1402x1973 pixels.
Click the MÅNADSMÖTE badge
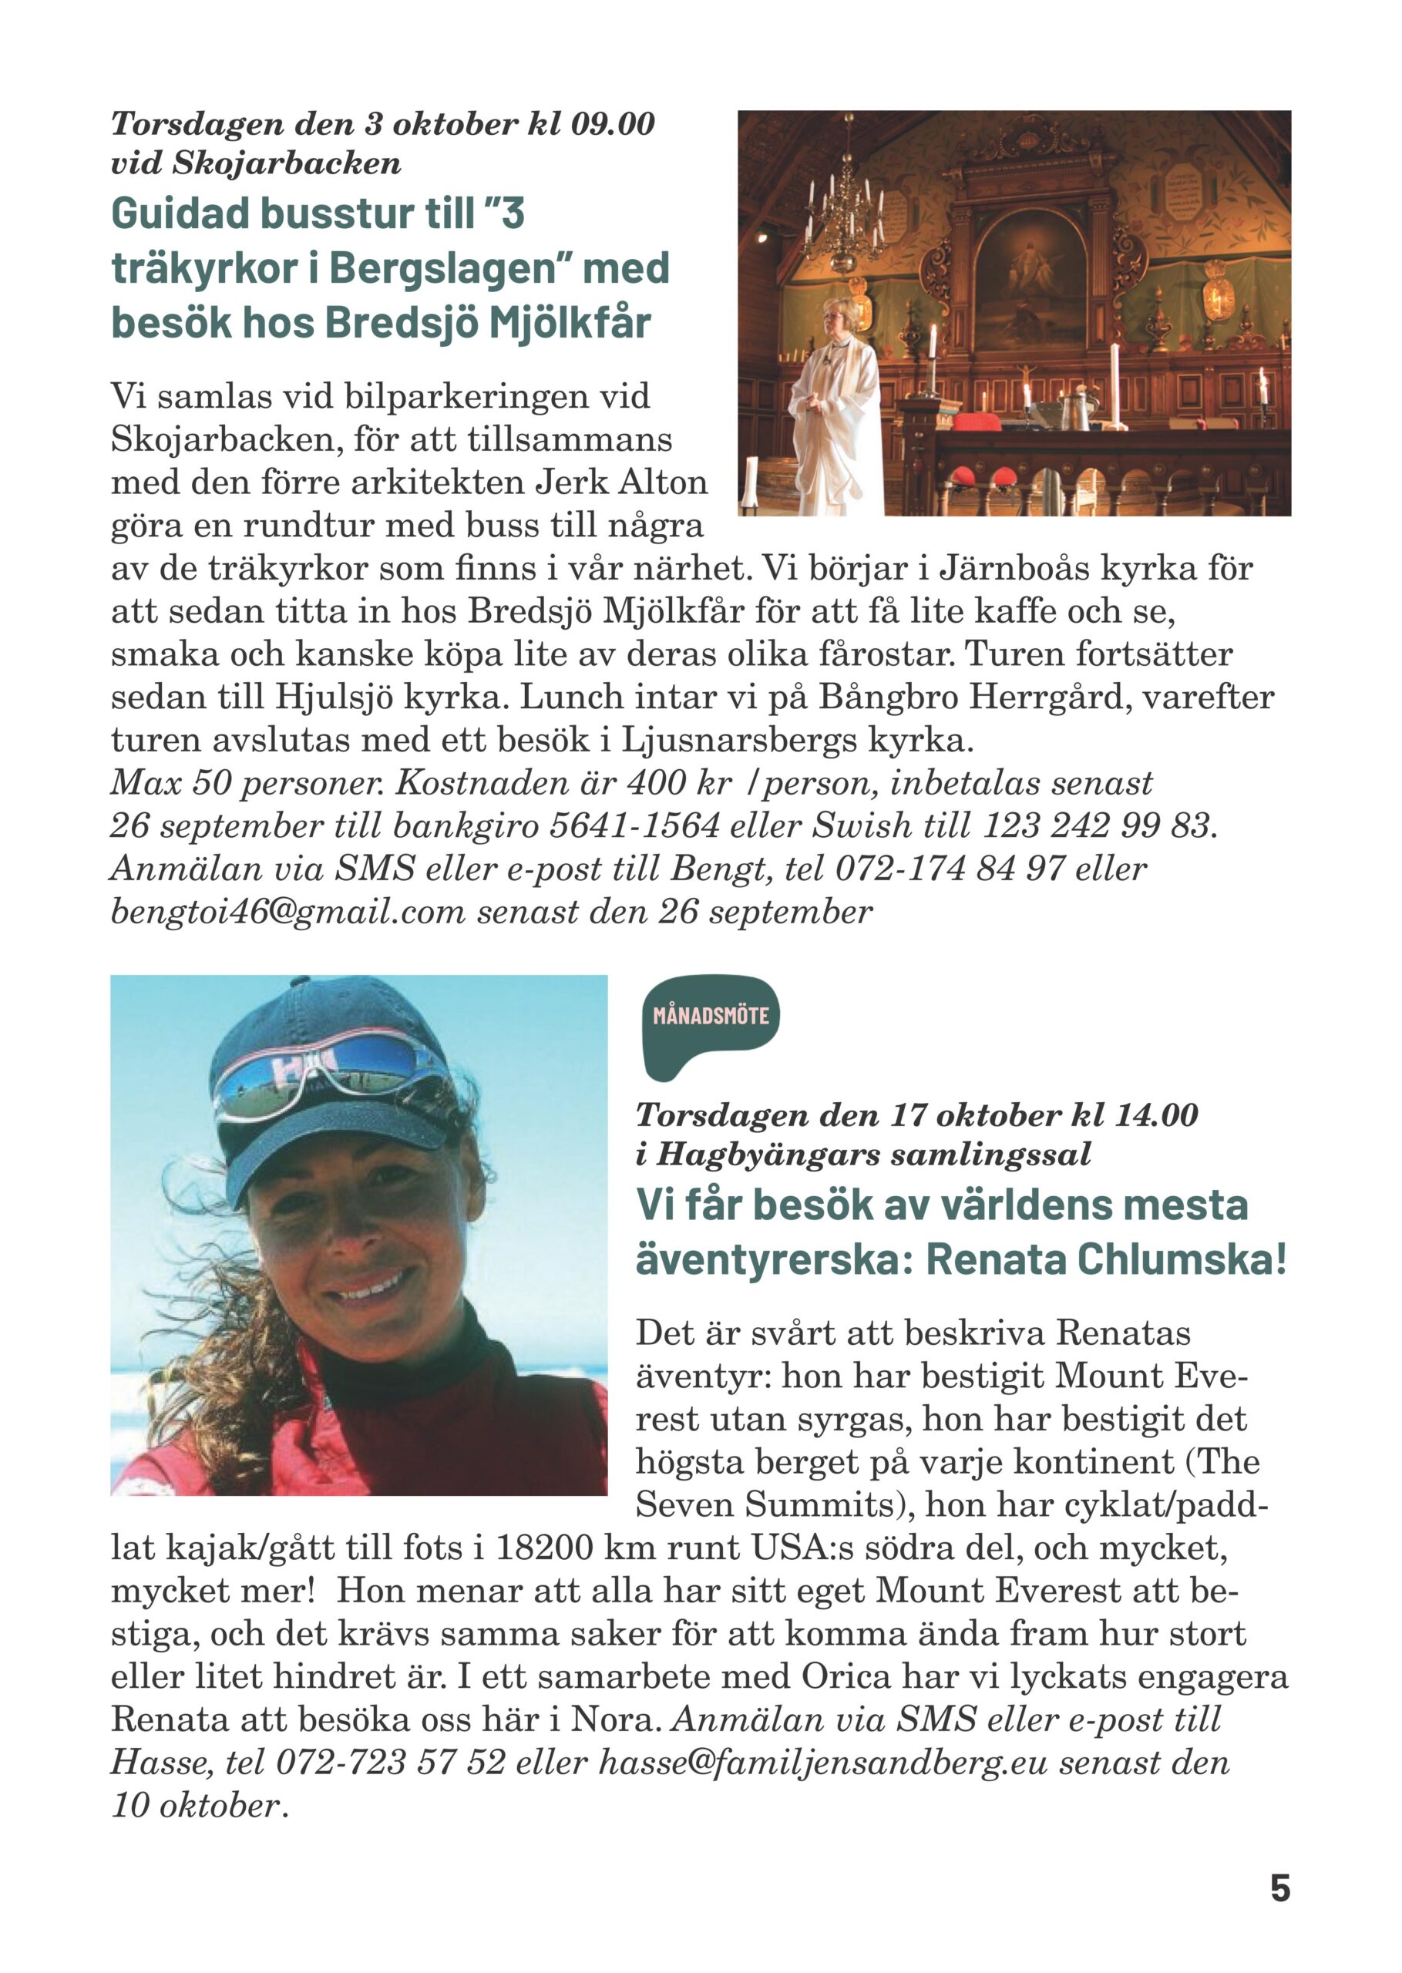(711, 1016)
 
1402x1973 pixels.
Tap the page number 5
(1279, 1888)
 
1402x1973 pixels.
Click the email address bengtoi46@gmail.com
(287, 912)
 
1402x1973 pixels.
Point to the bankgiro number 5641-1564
(634, 826)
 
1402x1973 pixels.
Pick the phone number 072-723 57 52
(390, 1763)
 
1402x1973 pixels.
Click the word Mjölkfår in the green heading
(570, 324)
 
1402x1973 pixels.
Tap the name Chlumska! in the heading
(1182, 1260)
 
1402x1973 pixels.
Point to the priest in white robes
(835, 405)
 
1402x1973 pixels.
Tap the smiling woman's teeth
(373, 1287)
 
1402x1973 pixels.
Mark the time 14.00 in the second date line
(1155, 1115)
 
